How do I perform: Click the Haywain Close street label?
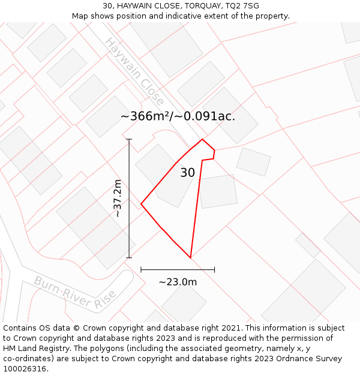[134, 71]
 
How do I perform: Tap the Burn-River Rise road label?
[75, 293]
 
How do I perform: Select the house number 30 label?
[187, 173]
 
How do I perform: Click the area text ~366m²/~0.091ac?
[178, 116]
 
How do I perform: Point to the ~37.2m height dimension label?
[118, 199]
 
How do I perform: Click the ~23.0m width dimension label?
[178, 282]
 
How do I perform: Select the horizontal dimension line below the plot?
[178, 270]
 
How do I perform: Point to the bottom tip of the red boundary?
[190, 257]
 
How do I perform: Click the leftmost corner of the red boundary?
[141, 205]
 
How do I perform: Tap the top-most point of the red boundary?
[202, 139]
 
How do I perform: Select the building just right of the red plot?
[218, 191]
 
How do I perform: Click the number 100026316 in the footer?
[23, 369]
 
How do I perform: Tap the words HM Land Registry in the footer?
[33, 349]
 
